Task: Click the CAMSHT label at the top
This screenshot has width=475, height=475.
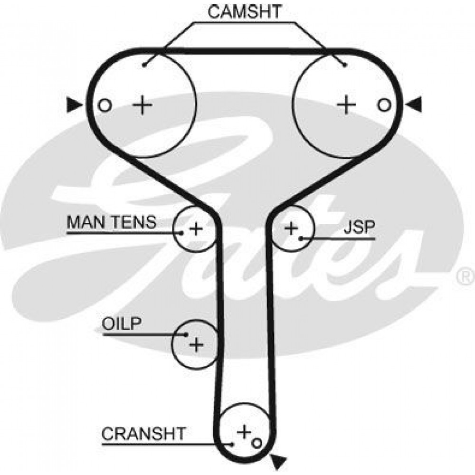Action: pyautogui.click(x=245, y=12)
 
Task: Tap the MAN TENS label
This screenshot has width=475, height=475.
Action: pyautogui.click(x=112, y=222)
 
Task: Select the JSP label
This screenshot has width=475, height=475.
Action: pyautogui.click(x=359, y=227)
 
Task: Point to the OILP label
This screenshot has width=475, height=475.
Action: pyautogui.click(x=122, y=324)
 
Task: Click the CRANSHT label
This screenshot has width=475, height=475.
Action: pyautogui.click(x=143, y=434)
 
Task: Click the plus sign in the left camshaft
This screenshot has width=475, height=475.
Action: pyautogui.click(x=142, y=105)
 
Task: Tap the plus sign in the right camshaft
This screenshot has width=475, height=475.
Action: pyautogui.click(x=347, y=105)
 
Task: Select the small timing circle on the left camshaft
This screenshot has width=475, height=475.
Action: pyautogui.click(x=104, y=105)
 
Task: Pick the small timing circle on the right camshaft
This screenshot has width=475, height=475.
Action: pyautogui.click(x=384, y=105)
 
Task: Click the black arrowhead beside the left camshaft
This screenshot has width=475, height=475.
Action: pyautogui.click(x=74, y=105)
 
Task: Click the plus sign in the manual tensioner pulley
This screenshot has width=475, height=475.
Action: pyautogui.click(x=196, y=229)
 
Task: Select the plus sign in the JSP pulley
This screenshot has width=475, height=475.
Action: pyautogui.click(x=292, y=228)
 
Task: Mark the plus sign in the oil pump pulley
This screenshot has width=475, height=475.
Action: pyautogui.click(x=196, y=344)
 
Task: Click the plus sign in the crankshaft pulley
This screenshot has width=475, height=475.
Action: pyautogui.click(x=245, y=432)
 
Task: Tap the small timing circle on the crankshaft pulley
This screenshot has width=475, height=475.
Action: pyautogui.click(x=256, y=443)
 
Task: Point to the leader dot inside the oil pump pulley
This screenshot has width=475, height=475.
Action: pyautogui.click(x=186, y=334)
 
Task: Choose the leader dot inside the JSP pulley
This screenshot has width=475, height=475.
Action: pyautogui.click(x=301, y=239)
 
